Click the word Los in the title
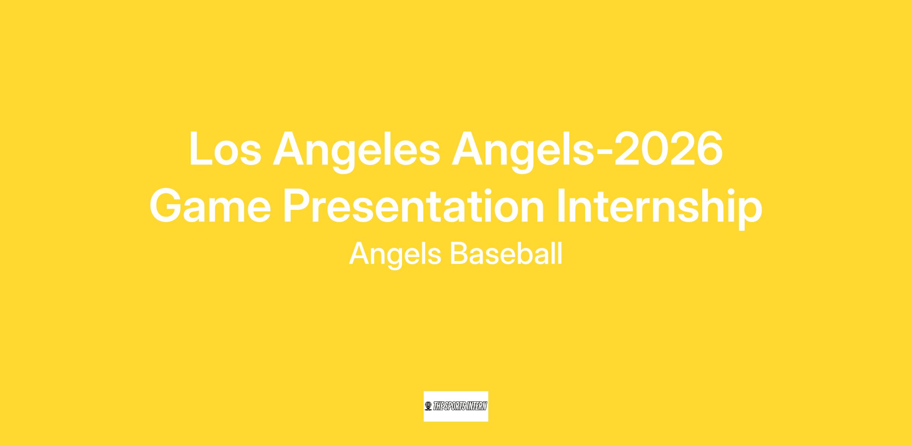(225, 149)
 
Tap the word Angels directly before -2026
(522, 152)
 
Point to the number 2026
(668, 149)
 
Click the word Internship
(659, 209)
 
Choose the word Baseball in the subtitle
(506, 253)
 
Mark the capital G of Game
(167, 206)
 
